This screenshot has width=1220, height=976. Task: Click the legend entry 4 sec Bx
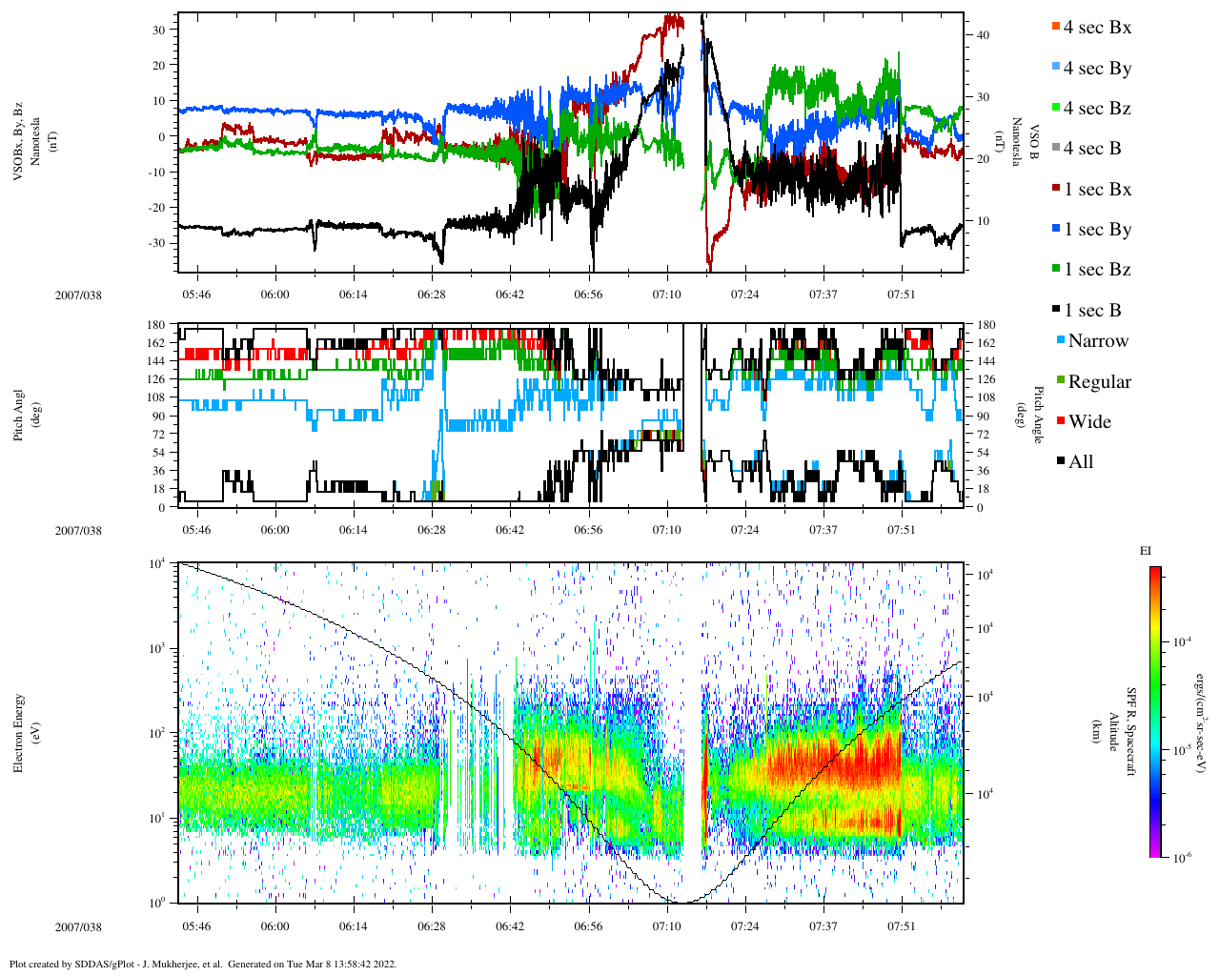click(1097, 28)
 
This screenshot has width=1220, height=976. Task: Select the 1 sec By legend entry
click(1097, 230)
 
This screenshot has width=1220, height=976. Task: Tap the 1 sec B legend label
click(1092, 311)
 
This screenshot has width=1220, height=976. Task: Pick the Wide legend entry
click(1089, 422)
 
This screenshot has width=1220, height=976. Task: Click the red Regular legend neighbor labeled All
click(1081, 462)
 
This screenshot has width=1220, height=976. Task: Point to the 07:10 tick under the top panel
click(666, 295)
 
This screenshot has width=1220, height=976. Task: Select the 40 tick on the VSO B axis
click(983, 35)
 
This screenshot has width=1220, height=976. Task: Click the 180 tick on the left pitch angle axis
click(156, 325)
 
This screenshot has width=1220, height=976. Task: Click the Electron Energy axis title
click(19, 732)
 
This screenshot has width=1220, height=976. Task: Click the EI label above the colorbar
click(1146, 551)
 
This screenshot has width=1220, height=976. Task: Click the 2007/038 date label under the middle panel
click(78, 531)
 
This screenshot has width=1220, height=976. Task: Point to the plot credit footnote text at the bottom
click(202, 964)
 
